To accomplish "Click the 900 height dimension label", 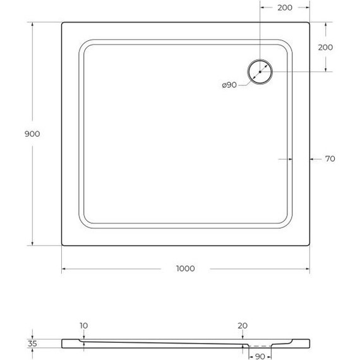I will click(32, 134).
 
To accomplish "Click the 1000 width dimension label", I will click(185, 268).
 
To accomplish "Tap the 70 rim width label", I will click(329, 159).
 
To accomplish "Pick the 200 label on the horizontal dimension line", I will click(284, 8).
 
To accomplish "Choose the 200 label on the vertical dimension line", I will click(325, 47).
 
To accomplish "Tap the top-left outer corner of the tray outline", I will click(63, 23).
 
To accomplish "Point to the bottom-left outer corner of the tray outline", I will click(63, 244).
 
